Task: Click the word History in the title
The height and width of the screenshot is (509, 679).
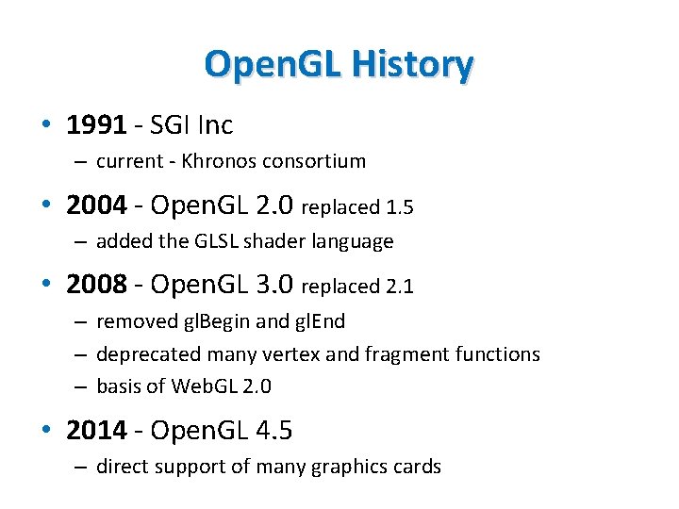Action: tap(411, 64)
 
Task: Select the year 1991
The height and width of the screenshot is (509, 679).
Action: tap(96, 123)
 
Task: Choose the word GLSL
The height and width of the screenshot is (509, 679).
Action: tap(212, 241)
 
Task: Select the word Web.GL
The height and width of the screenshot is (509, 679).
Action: tap(197, 386)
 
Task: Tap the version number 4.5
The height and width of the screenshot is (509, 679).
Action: tap(273, 431)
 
